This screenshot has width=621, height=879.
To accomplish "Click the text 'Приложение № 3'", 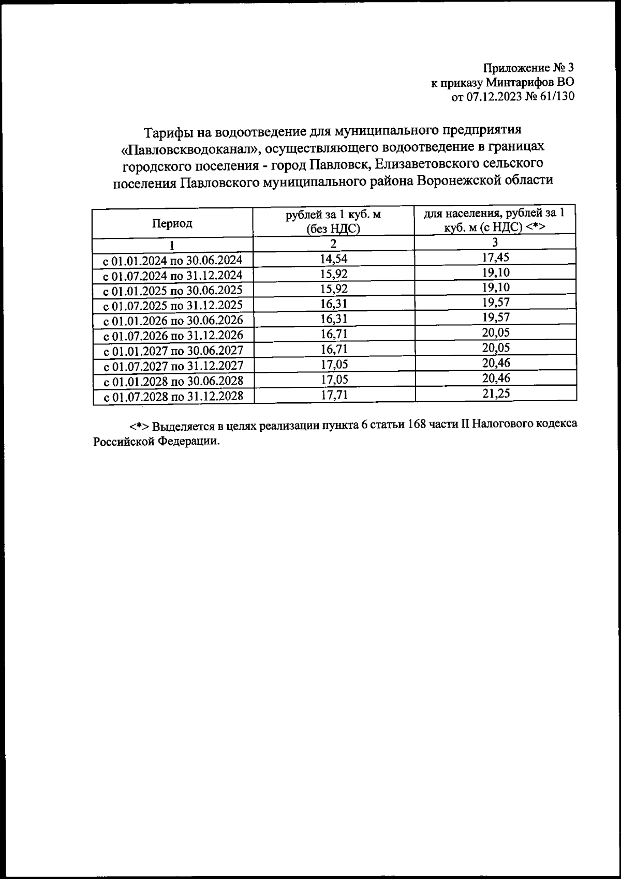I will tap(528, 68).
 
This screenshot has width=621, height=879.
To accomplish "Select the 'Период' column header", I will tap(172, 223).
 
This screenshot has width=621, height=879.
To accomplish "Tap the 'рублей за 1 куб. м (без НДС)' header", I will tap(333, 221).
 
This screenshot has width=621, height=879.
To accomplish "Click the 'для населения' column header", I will tap(495, 220).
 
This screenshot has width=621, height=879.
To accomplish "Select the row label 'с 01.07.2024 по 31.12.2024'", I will tap(173, 275).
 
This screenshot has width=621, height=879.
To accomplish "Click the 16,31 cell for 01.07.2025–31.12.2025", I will tap(334, 304).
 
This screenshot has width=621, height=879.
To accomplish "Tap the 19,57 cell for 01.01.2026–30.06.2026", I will tap(495, 317).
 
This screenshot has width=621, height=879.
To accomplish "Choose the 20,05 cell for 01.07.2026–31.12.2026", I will tap(495, 332).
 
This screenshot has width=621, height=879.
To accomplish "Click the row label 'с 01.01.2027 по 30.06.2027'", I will tap(173, 351).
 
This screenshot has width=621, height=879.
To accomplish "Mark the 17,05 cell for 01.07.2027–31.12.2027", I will tap(334, 365).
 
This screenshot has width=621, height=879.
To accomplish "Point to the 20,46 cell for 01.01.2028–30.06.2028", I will tap(495, 378).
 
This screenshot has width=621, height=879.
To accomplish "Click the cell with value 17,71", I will tap(334, 395).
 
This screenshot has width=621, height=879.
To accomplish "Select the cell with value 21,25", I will tap(495, 393).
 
